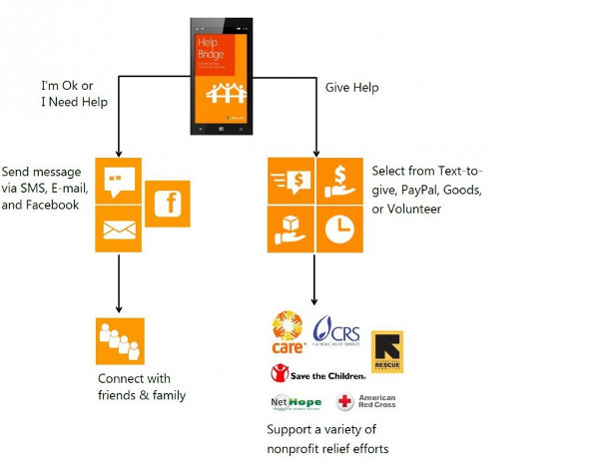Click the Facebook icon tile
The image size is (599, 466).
coord(169,205)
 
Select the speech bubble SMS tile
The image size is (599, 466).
coord(119,180)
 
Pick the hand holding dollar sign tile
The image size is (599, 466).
coord(340,180)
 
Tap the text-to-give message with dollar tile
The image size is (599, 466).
coord(292,180)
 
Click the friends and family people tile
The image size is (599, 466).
coord(120,341)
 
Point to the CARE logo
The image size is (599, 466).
coord(288,332)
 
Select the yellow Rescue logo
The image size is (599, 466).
coord(387,351)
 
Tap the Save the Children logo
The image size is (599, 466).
coord(318,374)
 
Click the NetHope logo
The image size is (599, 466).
coord(297,403)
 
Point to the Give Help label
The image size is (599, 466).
coord(352,87)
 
